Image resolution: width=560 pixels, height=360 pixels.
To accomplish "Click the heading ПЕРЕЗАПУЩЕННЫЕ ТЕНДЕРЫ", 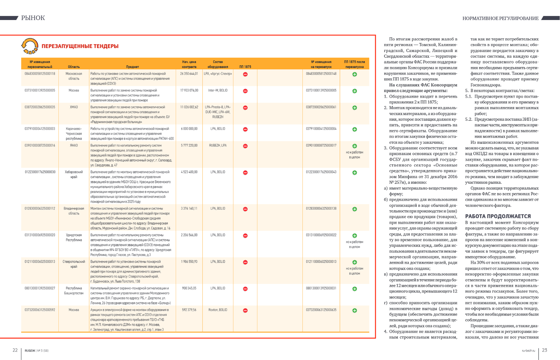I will [x=80, y=46].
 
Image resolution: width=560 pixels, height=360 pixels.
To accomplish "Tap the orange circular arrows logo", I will [x=30, y=46].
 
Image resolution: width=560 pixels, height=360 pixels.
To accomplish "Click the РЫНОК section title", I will [x=33, y=18].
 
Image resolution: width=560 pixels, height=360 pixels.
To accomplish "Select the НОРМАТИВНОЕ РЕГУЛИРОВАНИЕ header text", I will [x=500, y=18].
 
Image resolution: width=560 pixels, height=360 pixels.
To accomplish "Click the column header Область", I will [x=74, y=67].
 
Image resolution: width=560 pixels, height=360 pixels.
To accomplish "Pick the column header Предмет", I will [x=132, y=67].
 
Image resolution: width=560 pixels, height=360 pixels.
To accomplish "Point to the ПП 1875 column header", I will [x=245, y=67].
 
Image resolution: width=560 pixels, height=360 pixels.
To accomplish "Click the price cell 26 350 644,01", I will [x=189, y=74].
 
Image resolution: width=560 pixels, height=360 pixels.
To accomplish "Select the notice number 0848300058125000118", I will [x=40, y=74].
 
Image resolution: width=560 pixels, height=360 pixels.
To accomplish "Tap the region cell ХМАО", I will [x=74, y=107].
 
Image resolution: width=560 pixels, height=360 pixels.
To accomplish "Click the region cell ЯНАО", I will [x=74, y=145].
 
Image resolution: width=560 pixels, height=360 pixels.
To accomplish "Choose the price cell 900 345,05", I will [x=189, y=288].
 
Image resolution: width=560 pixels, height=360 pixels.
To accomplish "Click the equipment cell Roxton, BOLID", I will [x=218, y=310].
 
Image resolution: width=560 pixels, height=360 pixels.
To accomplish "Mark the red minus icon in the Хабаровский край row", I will [x=245, y=173].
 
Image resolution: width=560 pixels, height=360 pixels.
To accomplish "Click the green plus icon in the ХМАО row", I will [x=355, y=108].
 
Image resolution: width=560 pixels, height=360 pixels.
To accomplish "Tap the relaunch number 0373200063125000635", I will [x=321, y=310].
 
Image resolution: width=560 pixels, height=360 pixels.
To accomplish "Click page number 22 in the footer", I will [x=15, y=350].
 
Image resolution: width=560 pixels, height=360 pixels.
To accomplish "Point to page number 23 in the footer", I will [x=545, y=350].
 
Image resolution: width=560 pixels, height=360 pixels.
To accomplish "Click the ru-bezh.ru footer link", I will [x=528, y=351].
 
